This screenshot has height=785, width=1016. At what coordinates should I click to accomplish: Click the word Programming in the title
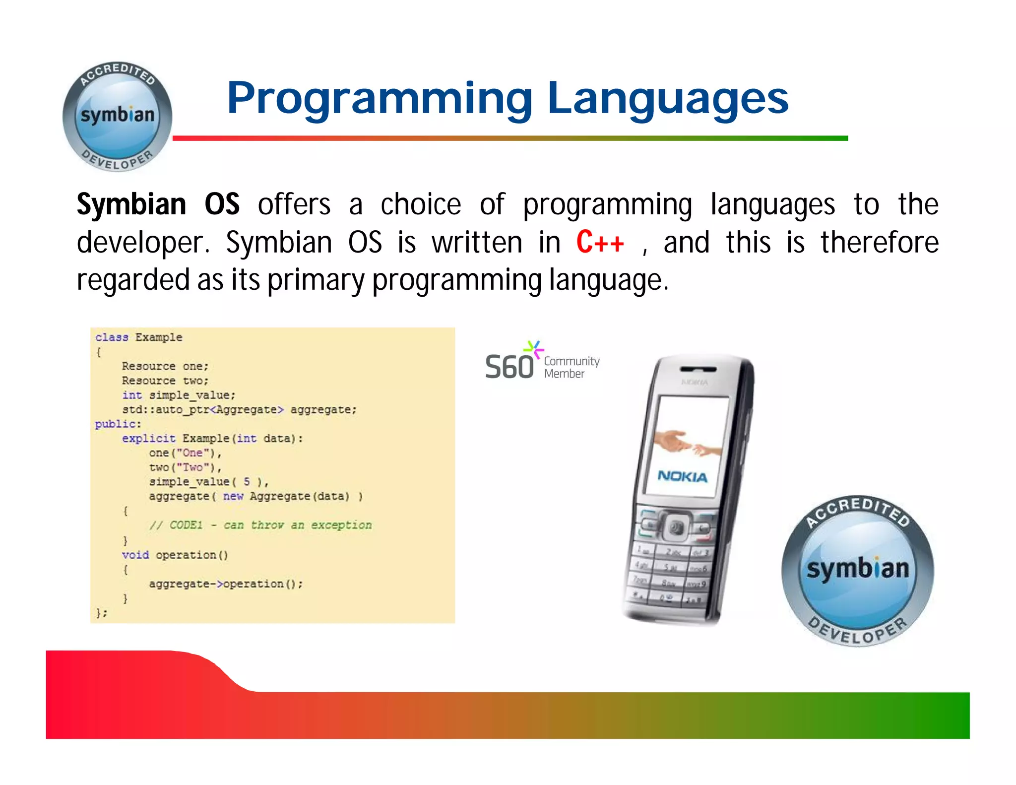[380, 99]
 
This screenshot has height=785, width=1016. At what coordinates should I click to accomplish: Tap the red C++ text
[600, 242]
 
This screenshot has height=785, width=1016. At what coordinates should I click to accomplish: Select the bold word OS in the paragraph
[222, 204]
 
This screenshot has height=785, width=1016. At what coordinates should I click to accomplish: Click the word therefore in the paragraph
[879, 242]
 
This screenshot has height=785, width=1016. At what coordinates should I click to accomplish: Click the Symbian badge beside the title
[118, 117]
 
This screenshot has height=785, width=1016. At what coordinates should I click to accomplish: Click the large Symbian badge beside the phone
[858, 571]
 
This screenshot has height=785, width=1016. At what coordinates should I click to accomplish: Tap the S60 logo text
[509, 367]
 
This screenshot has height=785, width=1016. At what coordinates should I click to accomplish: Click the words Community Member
[571, 367]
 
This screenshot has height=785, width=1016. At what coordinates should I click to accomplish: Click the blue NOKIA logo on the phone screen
[682, 476]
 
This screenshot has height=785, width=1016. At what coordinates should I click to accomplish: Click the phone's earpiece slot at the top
[698, 369]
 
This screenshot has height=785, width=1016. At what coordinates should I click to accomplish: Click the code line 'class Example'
[139, 337]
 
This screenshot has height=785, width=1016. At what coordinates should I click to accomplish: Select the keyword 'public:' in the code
[118, 424]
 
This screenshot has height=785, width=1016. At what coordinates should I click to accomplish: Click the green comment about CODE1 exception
[260, 525]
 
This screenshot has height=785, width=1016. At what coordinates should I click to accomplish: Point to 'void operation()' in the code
[175, 555]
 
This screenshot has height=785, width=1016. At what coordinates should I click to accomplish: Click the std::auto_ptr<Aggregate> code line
[239, 409]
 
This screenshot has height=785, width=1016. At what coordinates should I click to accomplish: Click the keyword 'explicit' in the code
[148, 438]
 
